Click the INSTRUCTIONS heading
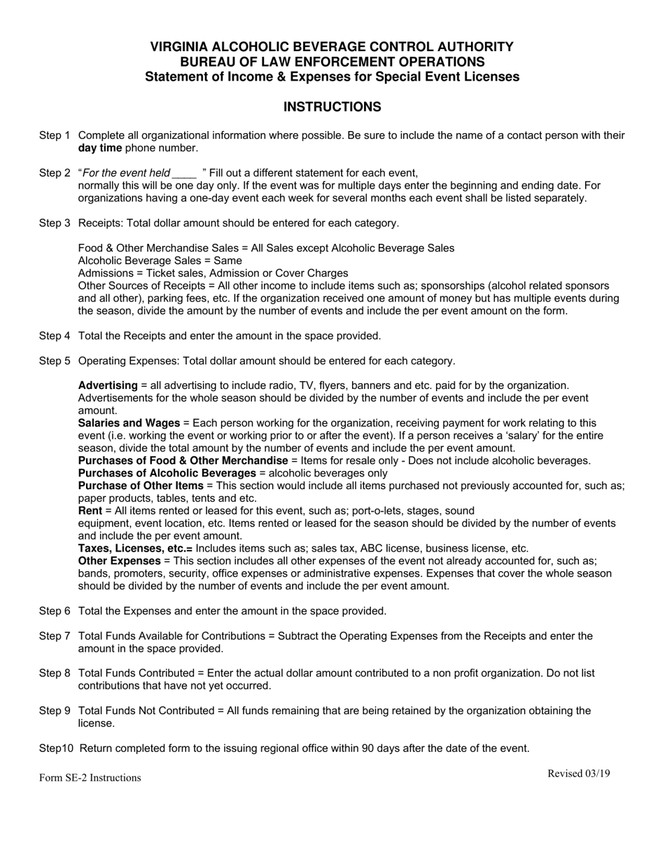332,107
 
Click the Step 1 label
55,135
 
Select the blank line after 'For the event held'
184,173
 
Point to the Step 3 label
55,224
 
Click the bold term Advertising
108,385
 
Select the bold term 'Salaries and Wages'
129,423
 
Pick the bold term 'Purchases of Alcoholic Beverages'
167,473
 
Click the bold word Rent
90,511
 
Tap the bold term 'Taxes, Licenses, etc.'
134,549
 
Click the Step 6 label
55,611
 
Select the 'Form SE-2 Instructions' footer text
90,778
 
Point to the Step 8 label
55,673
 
